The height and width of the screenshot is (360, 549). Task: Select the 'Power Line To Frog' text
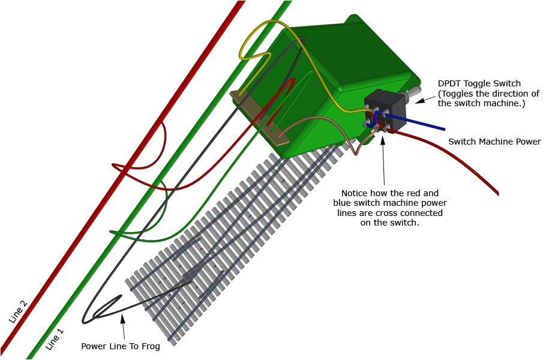click(x=121, y=346)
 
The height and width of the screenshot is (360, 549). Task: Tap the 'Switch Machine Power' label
click(x=494, y=142)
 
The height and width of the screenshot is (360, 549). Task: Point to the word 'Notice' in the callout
click(x=355, y=193)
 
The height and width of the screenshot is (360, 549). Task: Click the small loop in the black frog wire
click(x=105, y=306)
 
